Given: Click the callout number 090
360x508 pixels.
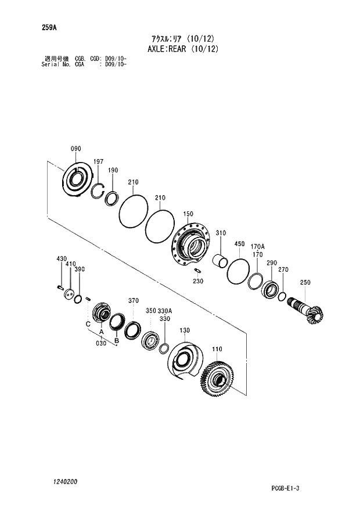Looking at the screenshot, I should coord(76,149).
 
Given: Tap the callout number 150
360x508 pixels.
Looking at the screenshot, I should coord(188,214).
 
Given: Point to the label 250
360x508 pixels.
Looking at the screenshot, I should coord(305,283).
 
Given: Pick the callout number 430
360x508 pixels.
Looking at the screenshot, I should coord(62,258).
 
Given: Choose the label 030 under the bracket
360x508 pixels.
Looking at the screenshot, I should coord(102,343).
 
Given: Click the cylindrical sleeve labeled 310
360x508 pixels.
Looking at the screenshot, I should coord(219,261).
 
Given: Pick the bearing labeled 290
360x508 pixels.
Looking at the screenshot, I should coord(270,289).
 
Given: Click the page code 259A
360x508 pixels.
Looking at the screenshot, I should coord(48,27).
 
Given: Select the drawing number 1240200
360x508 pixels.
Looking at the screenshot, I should coord(64,482).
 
